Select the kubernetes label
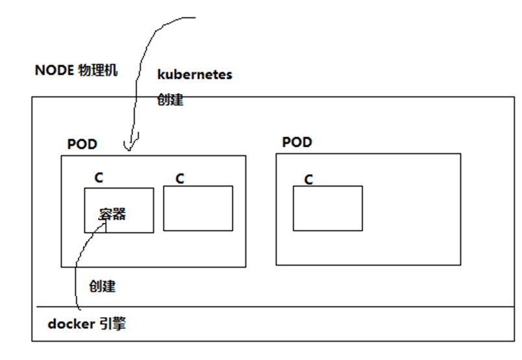pyautogui.click(x=195, y=75)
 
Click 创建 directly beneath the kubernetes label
pyautogui.click(x=170, y=100)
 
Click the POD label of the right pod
pyautogui.click(x=297, y=142)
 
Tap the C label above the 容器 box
pyautogui.click(x=99, y=177)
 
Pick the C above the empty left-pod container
pyautogui.click(x=180, y=178)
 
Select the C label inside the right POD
pyautogui.click(x=309, y=179)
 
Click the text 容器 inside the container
pyautogui.click(x=112, y=214)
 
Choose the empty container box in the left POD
pyautogui.click(x=198, y=209)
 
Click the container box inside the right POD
pyautogui.click(x=327, y=208)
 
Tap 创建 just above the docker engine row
pyautogui.click(x=103, y=286)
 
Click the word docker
pyautogui.click(x=71, y=324)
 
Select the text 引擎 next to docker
pyautogui.click(x=112, y=324)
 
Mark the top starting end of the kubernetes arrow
pyautogui.click(x=195, y=18)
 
